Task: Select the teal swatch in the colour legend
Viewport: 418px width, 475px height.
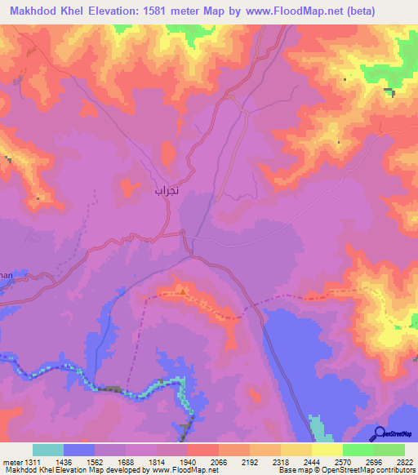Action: pyautogui.click(x=48, y=450)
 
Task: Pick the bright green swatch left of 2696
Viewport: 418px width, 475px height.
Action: pyautogui.click(x=358, y=450)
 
